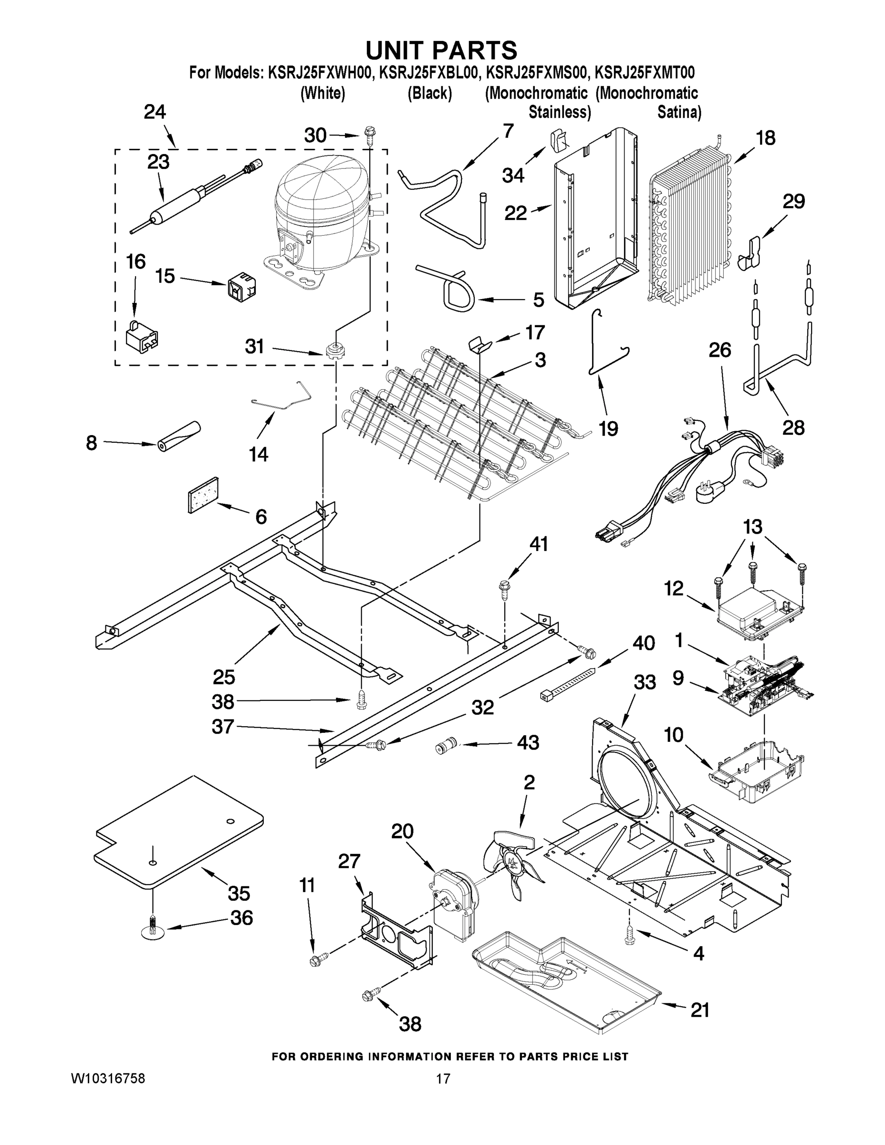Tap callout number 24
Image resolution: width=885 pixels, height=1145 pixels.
click(x=155, y=112)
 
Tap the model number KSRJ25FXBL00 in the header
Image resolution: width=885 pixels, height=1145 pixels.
click(x=429, y=72)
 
